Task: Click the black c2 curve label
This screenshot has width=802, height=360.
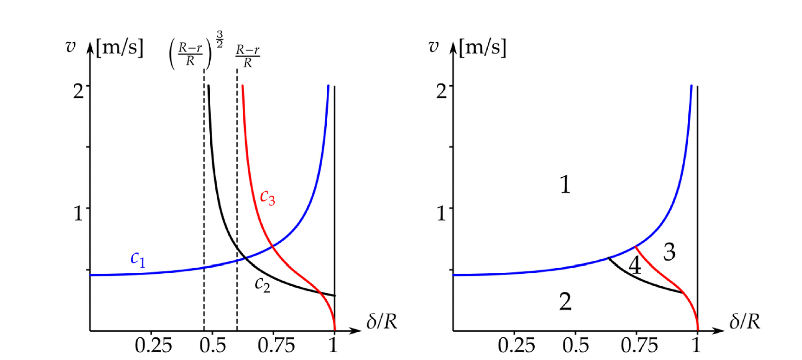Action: [262, 284]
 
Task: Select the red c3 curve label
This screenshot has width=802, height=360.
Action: [267, 198]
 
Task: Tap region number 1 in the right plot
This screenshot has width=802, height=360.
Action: [565, 185]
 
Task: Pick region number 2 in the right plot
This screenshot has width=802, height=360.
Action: [565, 302]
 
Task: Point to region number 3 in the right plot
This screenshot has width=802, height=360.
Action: [669, 252]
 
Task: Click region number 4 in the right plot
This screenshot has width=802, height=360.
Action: [634, 266]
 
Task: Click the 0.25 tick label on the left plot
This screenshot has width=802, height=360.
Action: [153, 346]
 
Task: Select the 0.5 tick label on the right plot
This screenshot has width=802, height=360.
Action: [576, 346]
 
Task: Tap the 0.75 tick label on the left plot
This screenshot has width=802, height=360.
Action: [276, 346]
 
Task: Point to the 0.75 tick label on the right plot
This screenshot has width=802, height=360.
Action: [639, 346]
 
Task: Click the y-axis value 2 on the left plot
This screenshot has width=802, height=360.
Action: [78, 91]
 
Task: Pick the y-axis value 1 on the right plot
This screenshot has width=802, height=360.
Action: [441, 213]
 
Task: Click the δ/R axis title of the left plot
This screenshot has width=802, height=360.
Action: [382, 321]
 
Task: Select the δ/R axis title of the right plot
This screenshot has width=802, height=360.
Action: [744, 321]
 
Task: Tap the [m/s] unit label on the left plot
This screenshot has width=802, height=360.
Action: [120, 48]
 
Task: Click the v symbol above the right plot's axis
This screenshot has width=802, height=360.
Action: [433, 46]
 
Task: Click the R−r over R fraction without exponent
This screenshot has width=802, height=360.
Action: [247, 56]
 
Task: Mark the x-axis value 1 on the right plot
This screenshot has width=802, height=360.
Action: [696, 346]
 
